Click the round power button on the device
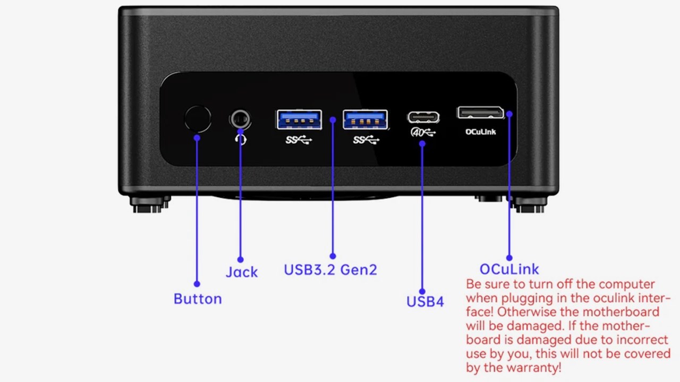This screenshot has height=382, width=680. point(198,119)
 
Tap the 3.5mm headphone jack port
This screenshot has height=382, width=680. point(240,118)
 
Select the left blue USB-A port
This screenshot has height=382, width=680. point(299,119)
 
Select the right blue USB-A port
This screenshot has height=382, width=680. point(365,119)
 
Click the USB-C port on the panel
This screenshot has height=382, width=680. point(423,117)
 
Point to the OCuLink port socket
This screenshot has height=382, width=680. point(480,112)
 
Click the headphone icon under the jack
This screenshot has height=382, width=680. point(241,139)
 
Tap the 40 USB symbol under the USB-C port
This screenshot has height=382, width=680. point(423,132)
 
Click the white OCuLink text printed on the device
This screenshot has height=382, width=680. point(480,132)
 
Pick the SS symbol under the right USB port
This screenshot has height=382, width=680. point(366,140)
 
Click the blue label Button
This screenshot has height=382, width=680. point(198,299)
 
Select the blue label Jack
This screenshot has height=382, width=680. point(242,272)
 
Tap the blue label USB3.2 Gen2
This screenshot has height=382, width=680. point(330,270)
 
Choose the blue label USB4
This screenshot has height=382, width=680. point(425,302)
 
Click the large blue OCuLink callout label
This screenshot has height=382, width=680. point(509,269)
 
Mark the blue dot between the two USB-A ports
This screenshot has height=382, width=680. point(333,119)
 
